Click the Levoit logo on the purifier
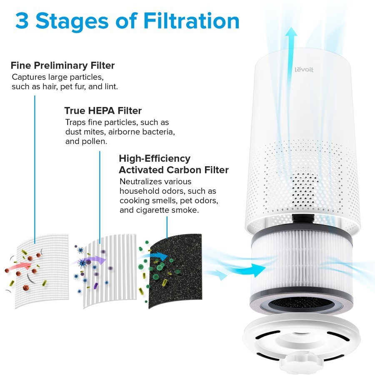click(304, 69)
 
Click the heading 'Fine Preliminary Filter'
click(62, 65)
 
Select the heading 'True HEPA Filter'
click(103, 111)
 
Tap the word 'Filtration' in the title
click(191, 21)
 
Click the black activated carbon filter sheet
click(175, 271)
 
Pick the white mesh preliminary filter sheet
click(42, 271)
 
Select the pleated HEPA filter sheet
click(110, 271)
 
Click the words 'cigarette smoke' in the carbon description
click(167, 210)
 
